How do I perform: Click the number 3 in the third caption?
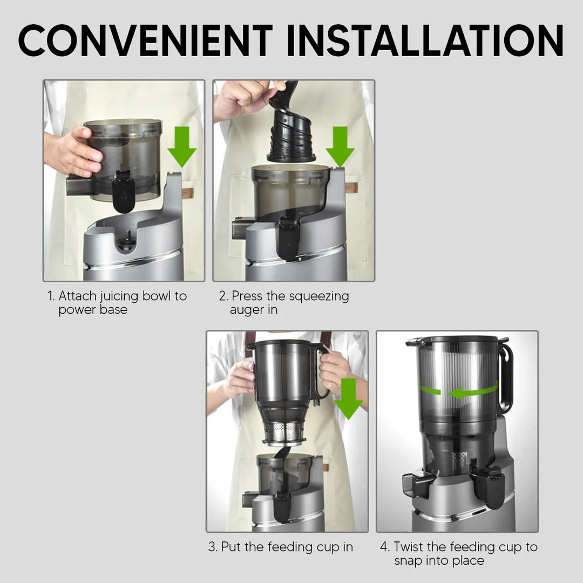(212, 547)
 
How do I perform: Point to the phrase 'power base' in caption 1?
(93, 310)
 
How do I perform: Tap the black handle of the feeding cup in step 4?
(506, 375)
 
